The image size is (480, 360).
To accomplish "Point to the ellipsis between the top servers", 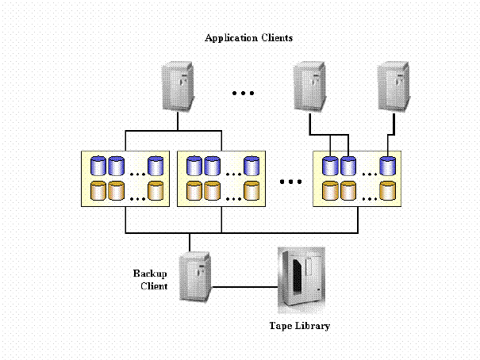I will click(242, 93).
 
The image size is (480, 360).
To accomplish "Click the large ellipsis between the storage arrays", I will click(291, 182).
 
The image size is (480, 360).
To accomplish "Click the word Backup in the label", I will click(149, 274).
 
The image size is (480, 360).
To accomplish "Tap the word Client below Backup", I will click(153, 285).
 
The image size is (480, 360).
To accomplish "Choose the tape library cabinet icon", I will click(300, 281).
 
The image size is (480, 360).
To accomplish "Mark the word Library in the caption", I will click(312, 326).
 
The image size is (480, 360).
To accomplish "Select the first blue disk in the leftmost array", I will click(98, 165).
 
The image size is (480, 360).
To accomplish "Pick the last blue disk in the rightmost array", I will click(387, 165).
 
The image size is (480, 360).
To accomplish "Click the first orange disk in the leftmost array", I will click(98, 190).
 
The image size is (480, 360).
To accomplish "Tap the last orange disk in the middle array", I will click(251, 190).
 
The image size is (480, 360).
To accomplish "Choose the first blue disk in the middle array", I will click(194, 165).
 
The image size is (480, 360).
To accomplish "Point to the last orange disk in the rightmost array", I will click(387, 190).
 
